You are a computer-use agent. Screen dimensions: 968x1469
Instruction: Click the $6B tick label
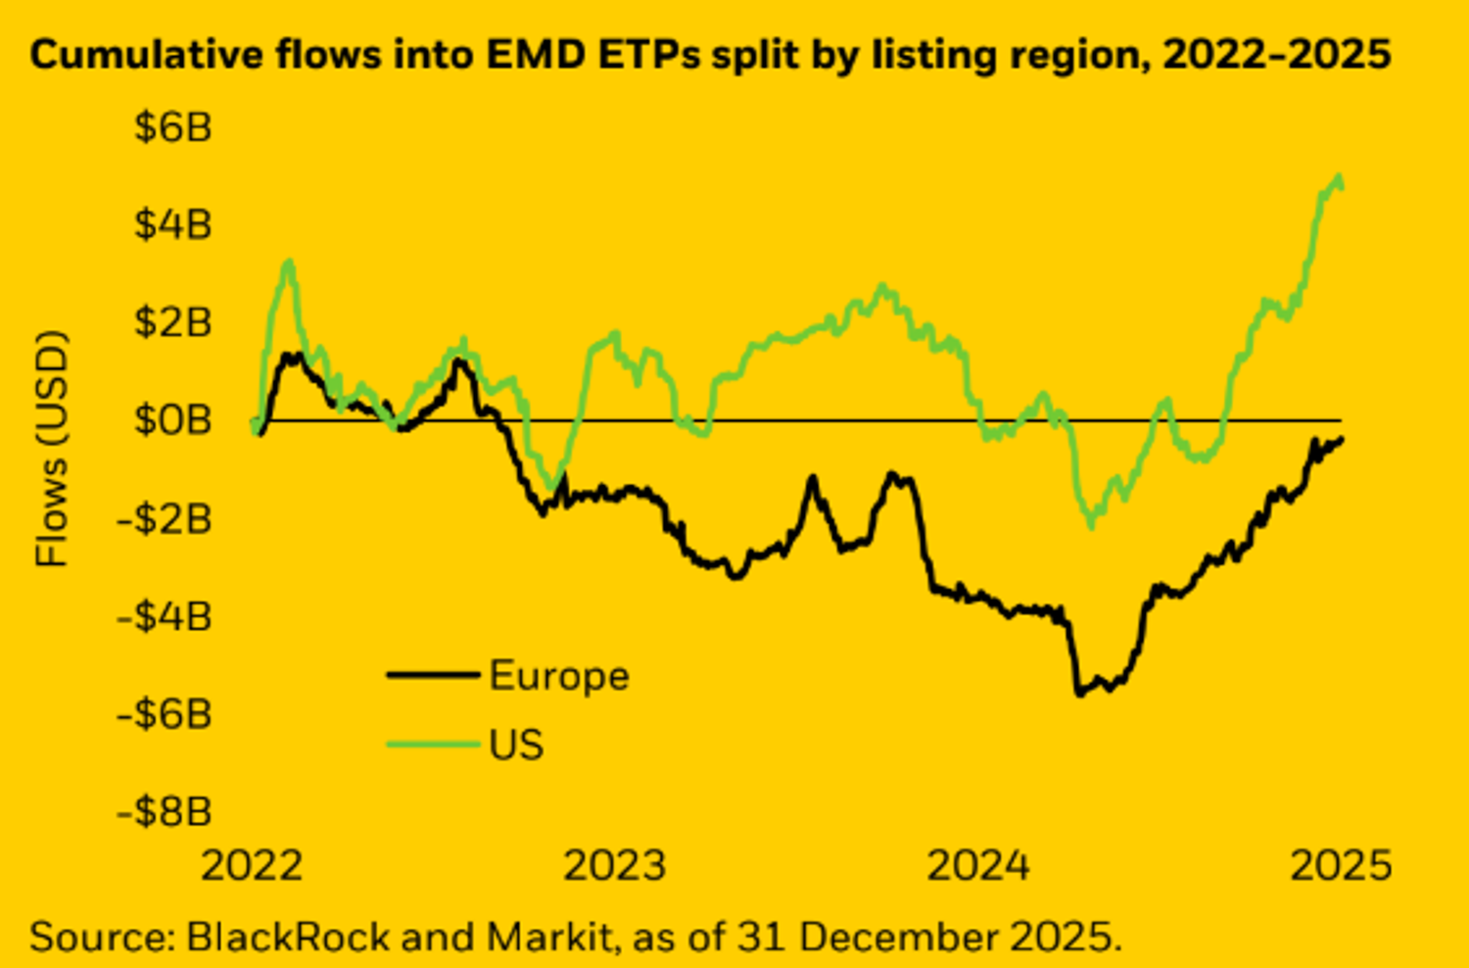pos(172,127)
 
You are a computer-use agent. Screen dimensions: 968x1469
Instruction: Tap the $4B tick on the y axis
pos(172,224)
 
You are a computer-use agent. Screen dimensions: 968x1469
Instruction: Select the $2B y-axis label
pos(172,321)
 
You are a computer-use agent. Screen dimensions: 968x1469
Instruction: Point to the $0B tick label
pos(172,419)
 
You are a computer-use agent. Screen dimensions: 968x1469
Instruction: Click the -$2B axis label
pos(165,518)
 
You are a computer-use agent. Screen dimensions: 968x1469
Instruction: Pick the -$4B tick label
pos(165,616)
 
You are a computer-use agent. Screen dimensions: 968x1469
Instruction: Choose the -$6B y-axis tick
pos(165,714)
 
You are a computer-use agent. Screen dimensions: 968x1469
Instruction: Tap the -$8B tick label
pos(165,811)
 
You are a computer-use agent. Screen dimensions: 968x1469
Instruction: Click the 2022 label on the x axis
pos(252,866)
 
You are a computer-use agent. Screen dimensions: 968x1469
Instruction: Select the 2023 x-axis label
pos(615,866)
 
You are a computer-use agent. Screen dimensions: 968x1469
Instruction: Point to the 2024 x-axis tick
pos(978,866)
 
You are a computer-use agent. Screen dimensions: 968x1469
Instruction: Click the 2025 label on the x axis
pos(1341,866)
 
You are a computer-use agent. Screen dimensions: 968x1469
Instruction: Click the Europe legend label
pos(559,676)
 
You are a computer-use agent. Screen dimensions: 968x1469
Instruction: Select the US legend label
pos(516,745)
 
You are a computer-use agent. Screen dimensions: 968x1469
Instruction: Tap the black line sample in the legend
pos(434,675)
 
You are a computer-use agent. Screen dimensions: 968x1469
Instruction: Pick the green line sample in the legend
pos(434,745)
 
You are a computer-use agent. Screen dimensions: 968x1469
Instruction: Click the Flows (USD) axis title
pos(52,449)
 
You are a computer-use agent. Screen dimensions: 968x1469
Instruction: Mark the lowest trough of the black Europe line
pos(1079,694)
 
